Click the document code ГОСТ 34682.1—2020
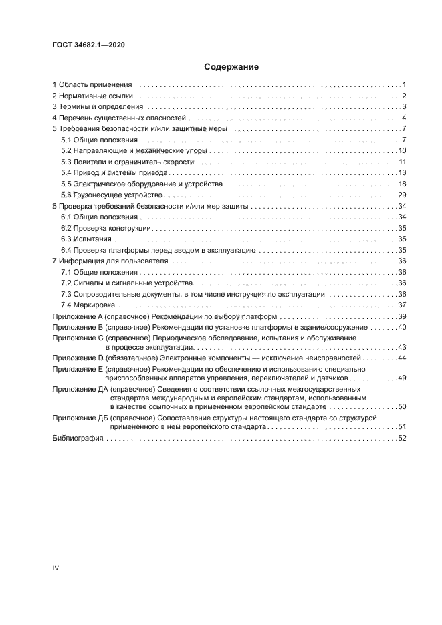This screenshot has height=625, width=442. (88, 45)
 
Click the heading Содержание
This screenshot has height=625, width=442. (231, 67)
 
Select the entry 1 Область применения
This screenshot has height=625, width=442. (93, 85)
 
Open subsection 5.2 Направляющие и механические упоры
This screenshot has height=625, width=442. (124, 151)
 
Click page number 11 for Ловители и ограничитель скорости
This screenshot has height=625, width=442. (403, 162)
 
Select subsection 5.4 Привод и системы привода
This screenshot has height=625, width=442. (108, 173)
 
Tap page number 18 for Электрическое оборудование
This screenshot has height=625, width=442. (403, 184)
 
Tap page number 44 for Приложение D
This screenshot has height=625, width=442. (403, 358)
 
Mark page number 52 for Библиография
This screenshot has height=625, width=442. (403, 439)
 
